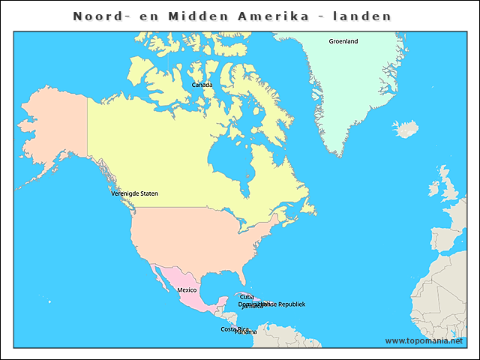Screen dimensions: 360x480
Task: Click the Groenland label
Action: point(343,41)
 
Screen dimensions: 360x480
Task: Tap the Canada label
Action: point(202,85)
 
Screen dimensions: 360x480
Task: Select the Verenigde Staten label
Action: point(134,193)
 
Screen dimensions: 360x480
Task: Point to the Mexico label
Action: point(187,289)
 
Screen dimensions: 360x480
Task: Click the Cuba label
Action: point(247,297)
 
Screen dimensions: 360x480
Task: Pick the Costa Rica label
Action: point(232,328)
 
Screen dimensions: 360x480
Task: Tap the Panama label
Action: point(246,332)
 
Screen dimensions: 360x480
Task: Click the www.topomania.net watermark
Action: point(424,341)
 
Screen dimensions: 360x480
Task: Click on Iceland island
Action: point(407,129)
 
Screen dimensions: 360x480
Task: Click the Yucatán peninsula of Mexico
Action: point(220,301)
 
